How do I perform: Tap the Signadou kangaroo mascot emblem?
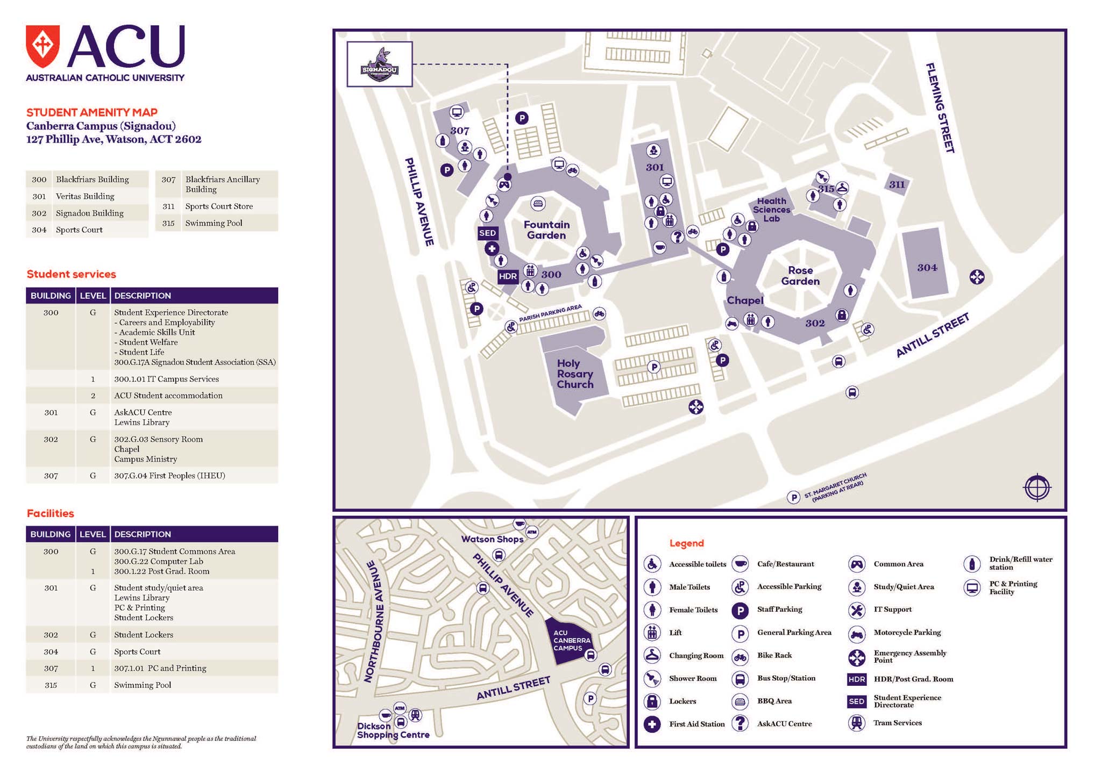[x=380, y=64]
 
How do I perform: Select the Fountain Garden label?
[x=546, y=230]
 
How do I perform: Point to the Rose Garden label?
[x=800, y=276]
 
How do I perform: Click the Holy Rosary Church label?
[x=575, y=374]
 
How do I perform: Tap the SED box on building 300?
[x=487, y=233]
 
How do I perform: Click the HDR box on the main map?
[x=508, y=276]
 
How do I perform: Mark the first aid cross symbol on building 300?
[x=492, y=249]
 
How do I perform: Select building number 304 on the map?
[x=927, y=268]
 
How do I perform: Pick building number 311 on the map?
[x=897, y=185]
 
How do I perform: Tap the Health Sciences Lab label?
[x=771, y=210]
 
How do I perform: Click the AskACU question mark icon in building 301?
[x=678, y=236]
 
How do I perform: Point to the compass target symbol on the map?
[x=1037, y=488]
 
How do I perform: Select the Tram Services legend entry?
[x=897, y=723]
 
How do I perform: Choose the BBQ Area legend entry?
[x=774, y=701]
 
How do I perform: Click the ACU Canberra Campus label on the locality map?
[x=571, y=640]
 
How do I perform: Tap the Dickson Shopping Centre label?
[x=393, y=730]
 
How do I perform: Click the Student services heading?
[x=71, y=274]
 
